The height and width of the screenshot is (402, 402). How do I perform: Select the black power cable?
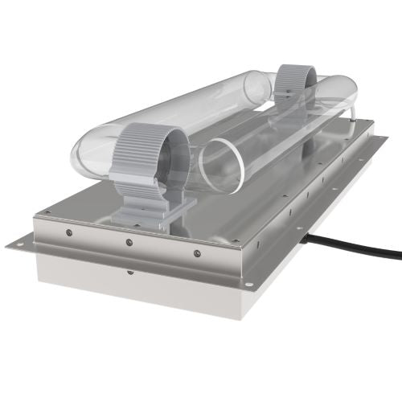click(x=362, y=244)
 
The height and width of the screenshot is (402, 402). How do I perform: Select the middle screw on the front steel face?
click(x=129, y=242)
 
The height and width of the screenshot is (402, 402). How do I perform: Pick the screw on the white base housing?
click(x=130, y=272)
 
